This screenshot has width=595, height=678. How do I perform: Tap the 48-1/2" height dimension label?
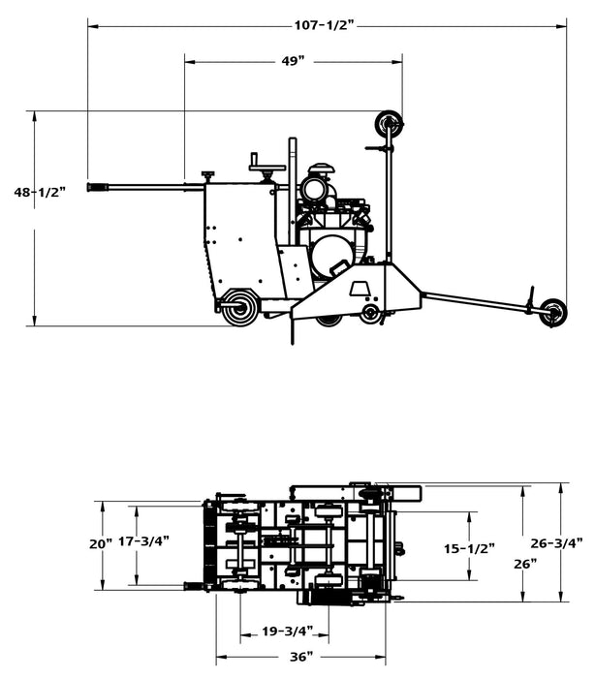tap(39, 193)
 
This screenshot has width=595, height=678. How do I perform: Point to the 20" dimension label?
tap(101, 544)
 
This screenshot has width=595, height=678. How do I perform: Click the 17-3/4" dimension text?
tap(143, 540)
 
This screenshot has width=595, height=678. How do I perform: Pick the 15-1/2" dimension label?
tap(469, 548)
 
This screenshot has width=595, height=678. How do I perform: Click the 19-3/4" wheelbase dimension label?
tap(288, 632)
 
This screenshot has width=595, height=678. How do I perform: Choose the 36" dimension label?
tap(301, 657)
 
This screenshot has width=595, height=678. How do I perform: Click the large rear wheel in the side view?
tap(238, 308)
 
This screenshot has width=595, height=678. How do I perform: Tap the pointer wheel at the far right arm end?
tap(553, 311)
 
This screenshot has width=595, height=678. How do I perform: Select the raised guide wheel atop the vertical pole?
tap(390, 123)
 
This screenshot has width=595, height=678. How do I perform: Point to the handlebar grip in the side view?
tap(98, 187)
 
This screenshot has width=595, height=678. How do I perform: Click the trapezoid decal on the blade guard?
tap(360, 288)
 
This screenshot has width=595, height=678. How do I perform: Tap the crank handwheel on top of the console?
tap(265, 169)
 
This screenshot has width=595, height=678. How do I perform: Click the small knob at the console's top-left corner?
tap(207, 175)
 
